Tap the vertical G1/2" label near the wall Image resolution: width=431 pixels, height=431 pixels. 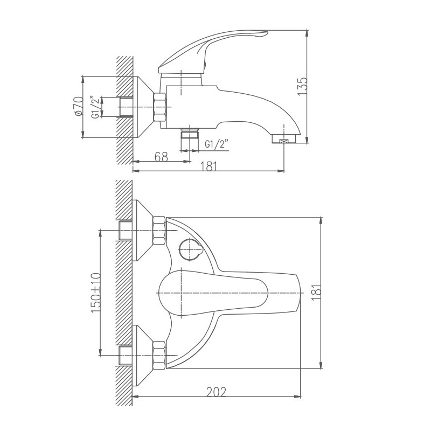tap(95, 107)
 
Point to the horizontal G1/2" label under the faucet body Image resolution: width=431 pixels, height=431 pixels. tap(217, 144)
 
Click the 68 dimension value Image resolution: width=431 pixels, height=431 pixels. tap(161, 157)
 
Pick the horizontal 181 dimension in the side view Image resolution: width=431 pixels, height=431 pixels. tap(209, 166)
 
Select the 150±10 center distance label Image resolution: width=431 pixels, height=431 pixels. tap(96, 293)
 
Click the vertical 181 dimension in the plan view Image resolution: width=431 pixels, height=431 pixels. tap(317, 293)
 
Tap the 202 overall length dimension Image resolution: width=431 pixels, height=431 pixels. tap(217, 392)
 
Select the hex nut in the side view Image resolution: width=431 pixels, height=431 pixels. tap(161, 107)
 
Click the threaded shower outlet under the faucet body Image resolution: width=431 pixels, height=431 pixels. tap(190, 134)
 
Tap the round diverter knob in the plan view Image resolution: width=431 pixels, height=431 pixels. tap(189, 249)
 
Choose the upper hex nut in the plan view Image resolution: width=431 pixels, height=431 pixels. tap(160, 231)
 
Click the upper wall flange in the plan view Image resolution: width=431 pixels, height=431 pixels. tap(142, 231)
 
